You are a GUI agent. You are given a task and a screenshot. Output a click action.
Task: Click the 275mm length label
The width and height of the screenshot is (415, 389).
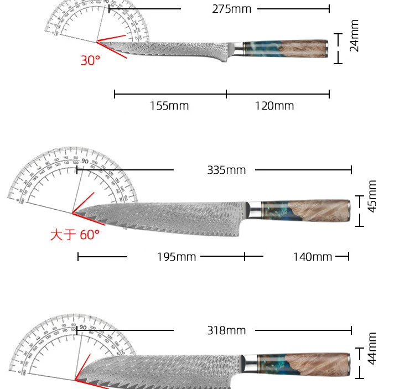pyautogui.click(x=231, y=9)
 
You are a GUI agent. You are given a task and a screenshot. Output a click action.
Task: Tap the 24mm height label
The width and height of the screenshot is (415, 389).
pyautogui.click(x=355, y=36)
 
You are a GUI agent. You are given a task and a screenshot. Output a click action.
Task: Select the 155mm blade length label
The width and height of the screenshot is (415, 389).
pyautogui.click(x=169, y=106)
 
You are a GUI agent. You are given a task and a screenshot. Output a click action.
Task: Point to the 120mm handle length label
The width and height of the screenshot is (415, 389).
pyautogui.click(x=274, y=106)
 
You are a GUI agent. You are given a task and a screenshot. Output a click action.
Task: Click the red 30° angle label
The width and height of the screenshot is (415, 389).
pyautogui.click(x=90, y=61)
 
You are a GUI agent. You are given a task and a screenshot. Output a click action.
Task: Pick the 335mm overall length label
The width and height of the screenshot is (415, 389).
pyautogui.click(x=226, y=170)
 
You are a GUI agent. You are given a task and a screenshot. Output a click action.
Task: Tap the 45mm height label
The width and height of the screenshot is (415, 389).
pyautogui.click(x=372, y=196)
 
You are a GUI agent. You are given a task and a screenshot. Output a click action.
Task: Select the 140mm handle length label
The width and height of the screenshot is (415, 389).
pyautogui.click(x=312, y=257)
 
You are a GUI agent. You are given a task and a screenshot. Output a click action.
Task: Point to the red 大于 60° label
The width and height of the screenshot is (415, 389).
pyautogui.click(x=75, y=235)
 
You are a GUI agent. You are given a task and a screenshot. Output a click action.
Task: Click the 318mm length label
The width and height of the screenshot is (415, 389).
pyautogui.click(x=226, y=330)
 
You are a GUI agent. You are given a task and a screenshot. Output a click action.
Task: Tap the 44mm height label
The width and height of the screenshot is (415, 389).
pyautogui.click(x=372, y=348)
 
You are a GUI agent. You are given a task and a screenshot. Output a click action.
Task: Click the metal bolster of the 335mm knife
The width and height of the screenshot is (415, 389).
pyautogui.click(x=254, y=210)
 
